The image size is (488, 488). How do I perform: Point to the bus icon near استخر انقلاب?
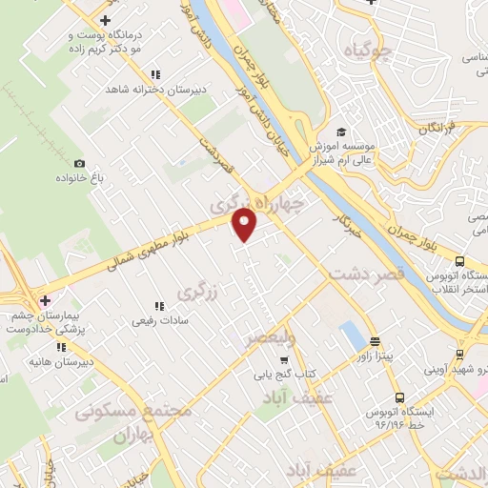click(460, 260)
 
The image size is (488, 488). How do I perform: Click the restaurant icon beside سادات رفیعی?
click(160, 306)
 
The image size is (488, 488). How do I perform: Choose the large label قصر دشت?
click(367, 274)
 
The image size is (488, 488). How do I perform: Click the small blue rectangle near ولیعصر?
click(351, 335)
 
